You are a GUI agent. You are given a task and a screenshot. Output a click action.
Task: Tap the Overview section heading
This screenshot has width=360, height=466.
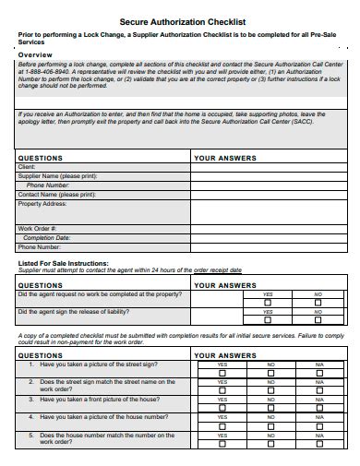coord(36,54)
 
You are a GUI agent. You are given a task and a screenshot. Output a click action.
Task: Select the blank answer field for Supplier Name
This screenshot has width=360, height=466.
coord(268,175)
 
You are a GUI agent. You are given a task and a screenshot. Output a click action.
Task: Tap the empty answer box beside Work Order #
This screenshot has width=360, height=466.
coord(268,228)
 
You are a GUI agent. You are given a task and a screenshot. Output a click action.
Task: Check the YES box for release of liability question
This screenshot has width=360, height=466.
coord(268,319)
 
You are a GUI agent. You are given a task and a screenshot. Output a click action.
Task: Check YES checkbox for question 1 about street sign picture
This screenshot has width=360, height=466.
coord(222,373)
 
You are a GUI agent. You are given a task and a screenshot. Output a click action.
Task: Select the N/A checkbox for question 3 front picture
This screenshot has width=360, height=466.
coord(319,408)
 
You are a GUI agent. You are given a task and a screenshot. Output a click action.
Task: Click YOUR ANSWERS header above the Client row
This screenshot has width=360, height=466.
coord(225,158)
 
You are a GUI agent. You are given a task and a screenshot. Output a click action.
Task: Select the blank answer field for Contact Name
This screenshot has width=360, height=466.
coord(268,195)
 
